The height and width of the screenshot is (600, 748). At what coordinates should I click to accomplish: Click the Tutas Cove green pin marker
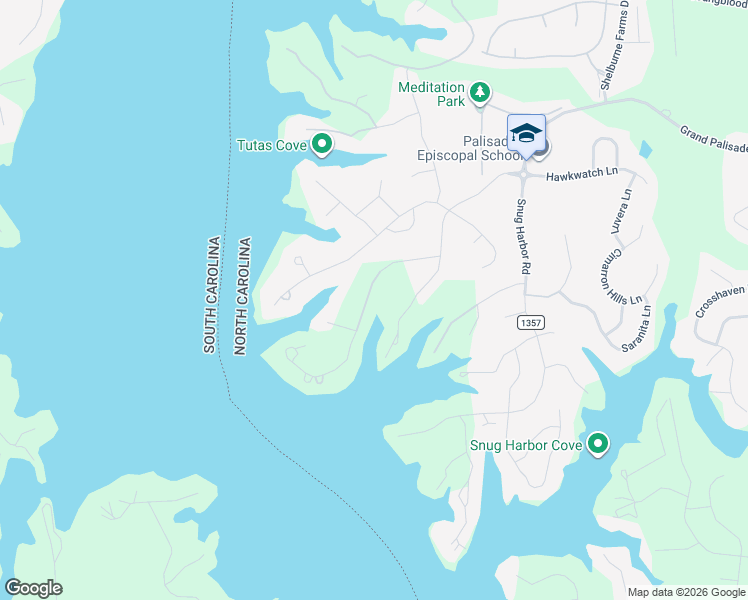tap(322, 146)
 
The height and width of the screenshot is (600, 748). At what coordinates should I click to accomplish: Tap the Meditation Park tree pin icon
tap(480, 93)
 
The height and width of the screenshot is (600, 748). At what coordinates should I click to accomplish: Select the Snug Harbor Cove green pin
tap(598, 443)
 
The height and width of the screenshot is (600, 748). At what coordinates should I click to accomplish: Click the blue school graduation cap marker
tap(526, 134)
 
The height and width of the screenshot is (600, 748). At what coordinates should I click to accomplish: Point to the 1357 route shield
tap(530, 323)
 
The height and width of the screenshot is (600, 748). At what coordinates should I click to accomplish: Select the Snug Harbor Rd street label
tap(521, 238)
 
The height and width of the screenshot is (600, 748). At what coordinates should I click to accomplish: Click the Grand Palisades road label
tap(713, 140)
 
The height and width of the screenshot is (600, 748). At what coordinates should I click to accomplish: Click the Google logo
tap(33, 588)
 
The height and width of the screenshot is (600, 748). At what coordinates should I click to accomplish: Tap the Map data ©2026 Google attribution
tap(685, 592)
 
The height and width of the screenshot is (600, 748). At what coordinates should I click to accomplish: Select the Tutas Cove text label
tap(271, 146)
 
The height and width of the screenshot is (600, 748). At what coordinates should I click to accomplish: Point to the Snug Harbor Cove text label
tap(525, 444)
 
